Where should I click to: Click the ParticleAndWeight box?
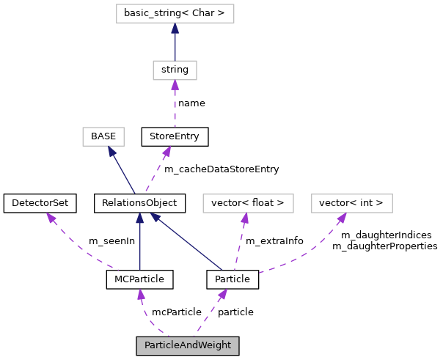coord(188,345)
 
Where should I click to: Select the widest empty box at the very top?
coord(175,13)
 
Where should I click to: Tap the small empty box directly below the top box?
coord(175,70)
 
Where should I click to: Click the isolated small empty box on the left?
coord(103,136)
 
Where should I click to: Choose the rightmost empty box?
coord(352,203)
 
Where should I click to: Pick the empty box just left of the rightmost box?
coord(248,203)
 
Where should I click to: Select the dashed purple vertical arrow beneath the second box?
coord(175,106)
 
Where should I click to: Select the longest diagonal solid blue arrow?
coord(187,241)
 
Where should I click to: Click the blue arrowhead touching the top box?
coord(175,29)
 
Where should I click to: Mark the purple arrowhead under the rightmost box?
coord(341,218)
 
